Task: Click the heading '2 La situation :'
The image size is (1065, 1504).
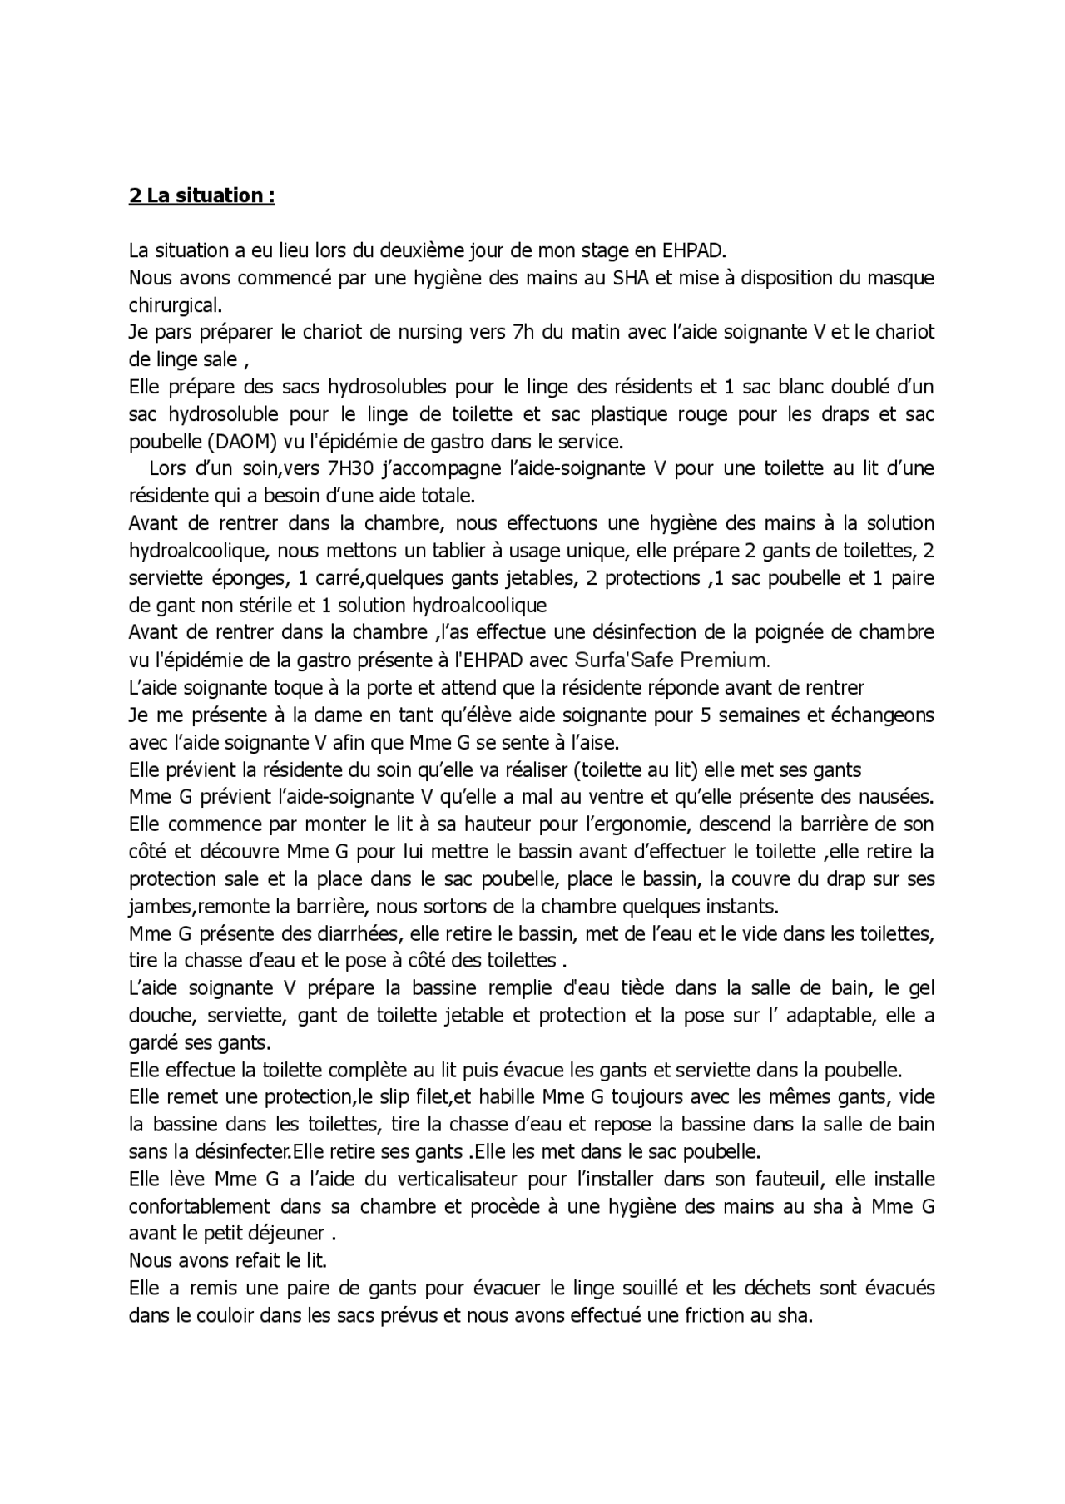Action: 201,195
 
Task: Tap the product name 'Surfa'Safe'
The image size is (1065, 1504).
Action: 626,660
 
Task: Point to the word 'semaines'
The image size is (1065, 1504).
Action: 749,715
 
